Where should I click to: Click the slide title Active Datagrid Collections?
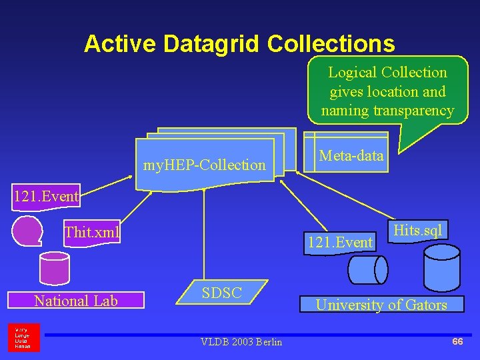239,44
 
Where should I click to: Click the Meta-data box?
351,157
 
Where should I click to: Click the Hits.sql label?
417,231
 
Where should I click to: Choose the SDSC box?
221,292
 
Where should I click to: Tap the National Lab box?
76,301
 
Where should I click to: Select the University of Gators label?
381,305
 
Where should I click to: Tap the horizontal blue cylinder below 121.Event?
367,270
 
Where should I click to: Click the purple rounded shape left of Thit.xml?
27,230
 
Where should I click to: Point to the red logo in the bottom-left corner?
24,337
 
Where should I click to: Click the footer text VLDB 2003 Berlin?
241,342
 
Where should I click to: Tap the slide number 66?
457,341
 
